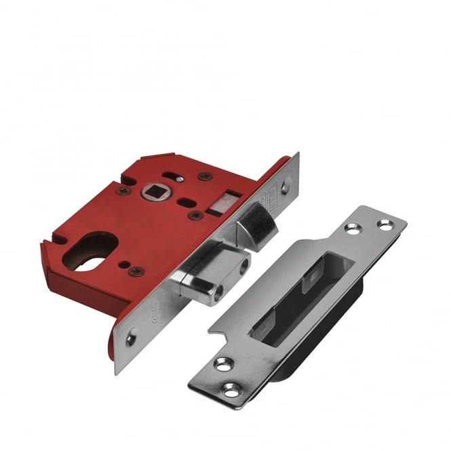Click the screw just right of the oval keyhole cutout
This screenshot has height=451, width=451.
(x=136, y=271)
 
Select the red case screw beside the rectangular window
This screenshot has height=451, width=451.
(x=195, y=215)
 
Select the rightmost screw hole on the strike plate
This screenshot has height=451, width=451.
(x=385, y=225)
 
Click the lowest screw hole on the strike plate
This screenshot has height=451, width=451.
(x=231, y=390)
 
